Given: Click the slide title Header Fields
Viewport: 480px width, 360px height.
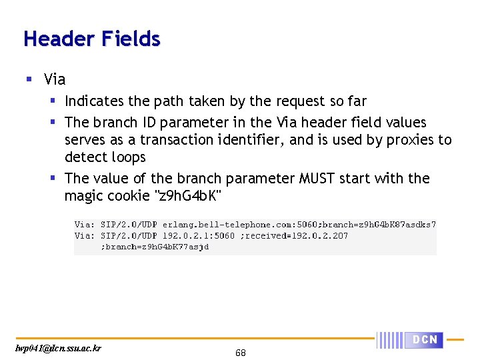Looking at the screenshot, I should pos(92,39).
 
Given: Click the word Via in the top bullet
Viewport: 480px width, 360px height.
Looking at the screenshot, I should pos(55,79).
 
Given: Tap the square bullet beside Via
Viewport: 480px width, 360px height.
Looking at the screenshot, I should pos(29,79).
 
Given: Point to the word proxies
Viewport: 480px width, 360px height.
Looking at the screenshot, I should pos(409,140).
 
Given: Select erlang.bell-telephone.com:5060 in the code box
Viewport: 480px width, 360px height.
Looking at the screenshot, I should pos(240,225).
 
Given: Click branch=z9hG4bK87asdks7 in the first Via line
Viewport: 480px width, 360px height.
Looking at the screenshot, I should pos(378,225).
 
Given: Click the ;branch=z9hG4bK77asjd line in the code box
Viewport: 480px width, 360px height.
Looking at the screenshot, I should pos(155,247).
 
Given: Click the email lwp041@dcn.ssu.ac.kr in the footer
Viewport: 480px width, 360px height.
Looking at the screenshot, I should pos(59,348).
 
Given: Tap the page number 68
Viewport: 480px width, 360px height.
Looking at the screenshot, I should pos(240,353).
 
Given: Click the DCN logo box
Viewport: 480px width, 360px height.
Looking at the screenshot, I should pos(425,340).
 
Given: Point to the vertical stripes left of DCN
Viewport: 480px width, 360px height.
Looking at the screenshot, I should pos(391,340).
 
